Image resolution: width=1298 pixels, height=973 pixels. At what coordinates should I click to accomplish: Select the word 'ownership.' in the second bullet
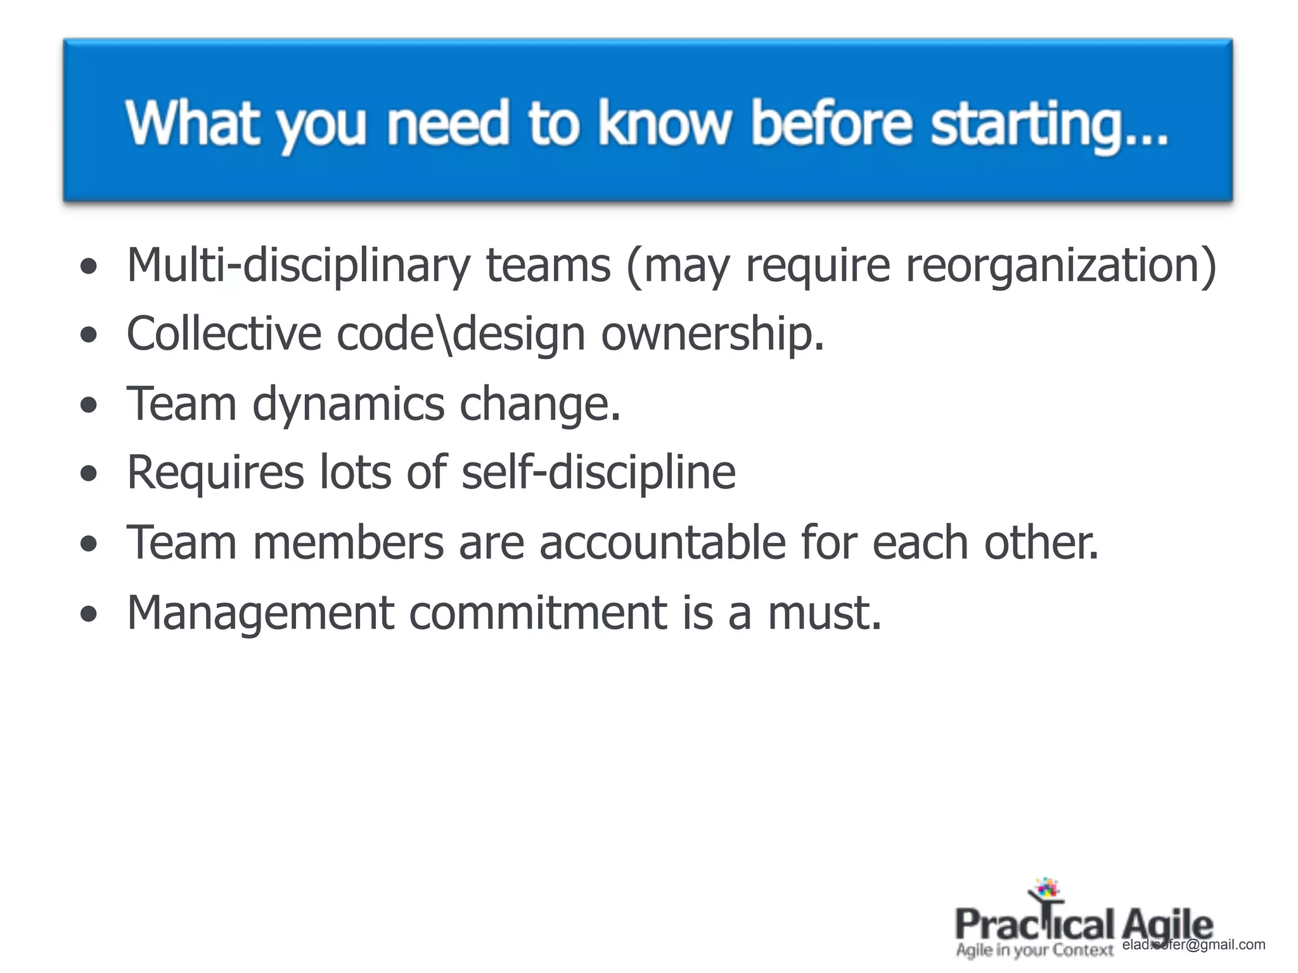712,334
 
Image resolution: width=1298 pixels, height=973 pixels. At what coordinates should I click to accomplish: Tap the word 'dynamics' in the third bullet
348,404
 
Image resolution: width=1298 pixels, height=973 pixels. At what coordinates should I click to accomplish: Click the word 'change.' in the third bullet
540,404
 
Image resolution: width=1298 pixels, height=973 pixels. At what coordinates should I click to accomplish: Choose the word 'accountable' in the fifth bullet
662,543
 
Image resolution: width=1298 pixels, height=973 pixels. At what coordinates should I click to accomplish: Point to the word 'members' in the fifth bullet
348,543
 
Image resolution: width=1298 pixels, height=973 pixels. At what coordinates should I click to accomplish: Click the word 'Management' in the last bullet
260,613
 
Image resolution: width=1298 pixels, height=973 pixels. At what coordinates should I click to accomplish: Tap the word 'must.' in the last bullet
825,613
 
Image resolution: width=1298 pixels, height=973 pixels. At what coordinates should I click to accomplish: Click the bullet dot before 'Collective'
89,336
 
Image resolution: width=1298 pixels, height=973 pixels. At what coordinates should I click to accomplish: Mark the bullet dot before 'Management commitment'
89,614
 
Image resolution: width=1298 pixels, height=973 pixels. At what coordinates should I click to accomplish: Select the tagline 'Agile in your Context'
1034,950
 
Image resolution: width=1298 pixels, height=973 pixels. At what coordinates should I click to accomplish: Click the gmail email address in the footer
1193,945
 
